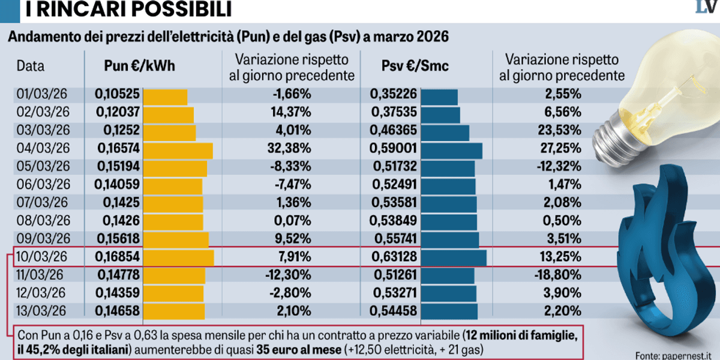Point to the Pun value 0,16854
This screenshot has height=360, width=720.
click(x=117, y=257)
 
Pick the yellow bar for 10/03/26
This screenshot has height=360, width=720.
click(x=179, y=257)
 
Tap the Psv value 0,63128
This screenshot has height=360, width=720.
click(x=393, y=257)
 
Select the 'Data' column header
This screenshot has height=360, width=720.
click(x=31, y=67)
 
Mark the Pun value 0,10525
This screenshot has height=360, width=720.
click(x=117, y=95)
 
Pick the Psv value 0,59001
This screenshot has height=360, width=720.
click(x=393, y=149)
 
